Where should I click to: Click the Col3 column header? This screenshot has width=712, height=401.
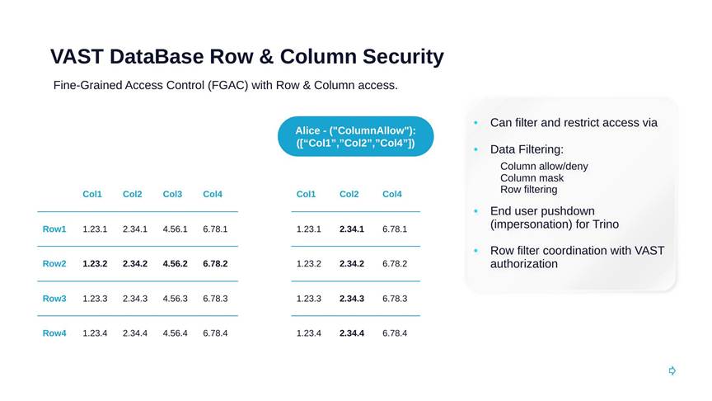172,194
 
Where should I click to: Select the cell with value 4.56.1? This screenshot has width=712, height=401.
175,229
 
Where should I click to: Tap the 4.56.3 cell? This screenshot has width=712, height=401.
175,299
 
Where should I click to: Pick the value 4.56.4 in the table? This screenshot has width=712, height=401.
175,333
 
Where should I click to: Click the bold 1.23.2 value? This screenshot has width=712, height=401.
95,264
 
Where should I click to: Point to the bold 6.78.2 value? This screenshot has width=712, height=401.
215,264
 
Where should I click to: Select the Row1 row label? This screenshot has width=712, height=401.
54,229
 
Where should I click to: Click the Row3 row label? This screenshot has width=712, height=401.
54,299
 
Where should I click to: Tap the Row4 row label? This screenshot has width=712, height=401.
54,333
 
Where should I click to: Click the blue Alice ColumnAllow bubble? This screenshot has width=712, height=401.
355,136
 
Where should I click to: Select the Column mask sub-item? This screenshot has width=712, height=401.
532,178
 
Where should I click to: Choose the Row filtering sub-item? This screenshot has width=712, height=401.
528,190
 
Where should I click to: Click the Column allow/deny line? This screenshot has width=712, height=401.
544,167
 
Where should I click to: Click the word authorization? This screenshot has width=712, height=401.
523,264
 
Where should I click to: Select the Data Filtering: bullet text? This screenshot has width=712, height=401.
527,149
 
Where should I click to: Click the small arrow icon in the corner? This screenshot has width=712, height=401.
672,371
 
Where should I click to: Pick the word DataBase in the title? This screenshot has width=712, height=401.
157,57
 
